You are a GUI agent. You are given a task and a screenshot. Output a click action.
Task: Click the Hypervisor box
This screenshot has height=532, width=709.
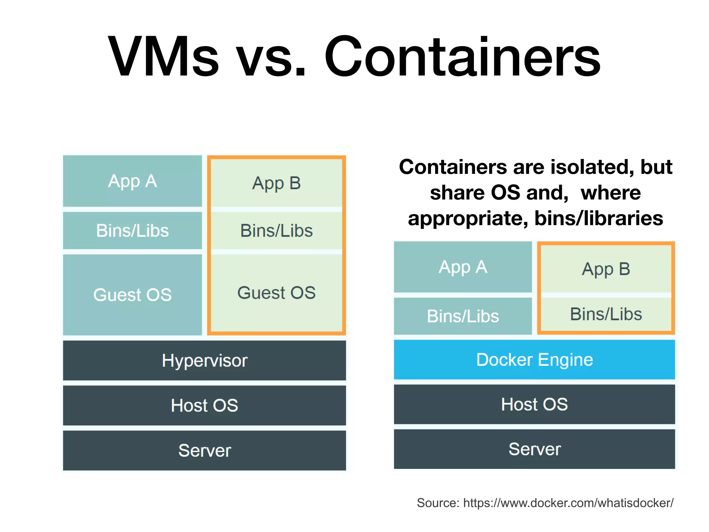pos(204,361)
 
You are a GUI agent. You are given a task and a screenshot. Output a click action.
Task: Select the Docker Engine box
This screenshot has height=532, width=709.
pos(534,360)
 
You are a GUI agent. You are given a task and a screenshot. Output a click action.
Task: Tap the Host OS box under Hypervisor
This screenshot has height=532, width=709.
pos(204,405)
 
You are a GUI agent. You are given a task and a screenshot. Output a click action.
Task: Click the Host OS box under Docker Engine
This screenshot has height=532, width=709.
pos(534,404)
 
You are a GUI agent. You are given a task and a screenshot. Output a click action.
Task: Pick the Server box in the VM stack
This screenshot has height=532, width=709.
pos(204,450)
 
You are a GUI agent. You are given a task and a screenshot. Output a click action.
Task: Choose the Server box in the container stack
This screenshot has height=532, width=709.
pos(534,449)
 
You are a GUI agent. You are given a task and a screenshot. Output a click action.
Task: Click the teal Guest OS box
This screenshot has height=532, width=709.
pos(132,295)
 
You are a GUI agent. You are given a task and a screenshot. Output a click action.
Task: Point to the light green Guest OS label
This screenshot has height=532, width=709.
pos(276,293)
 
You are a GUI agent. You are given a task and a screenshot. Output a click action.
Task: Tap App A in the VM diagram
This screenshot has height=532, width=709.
pos(132,181)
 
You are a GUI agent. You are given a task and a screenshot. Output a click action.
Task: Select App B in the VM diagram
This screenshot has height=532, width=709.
pos(276,183)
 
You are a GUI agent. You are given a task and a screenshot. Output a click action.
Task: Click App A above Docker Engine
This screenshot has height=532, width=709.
pos(463,267)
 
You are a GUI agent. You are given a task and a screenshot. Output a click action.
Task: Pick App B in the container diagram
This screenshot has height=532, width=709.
pos(606,269)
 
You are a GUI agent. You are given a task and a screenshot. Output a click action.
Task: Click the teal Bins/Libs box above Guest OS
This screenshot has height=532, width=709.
pos(132,231)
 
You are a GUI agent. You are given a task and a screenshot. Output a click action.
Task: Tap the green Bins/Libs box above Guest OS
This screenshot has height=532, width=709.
pos(276,231)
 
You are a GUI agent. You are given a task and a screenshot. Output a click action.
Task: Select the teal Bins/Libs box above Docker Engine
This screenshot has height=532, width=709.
pos(463,316)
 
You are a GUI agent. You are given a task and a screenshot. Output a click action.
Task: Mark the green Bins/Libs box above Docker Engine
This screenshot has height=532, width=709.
pos(606,314)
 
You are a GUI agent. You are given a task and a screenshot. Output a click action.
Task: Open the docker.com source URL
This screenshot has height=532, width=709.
pos(568,503)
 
